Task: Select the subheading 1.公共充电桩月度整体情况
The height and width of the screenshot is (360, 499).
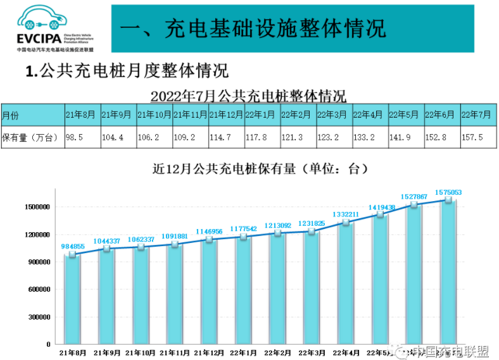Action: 127,70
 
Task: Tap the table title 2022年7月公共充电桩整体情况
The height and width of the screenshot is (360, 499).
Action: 248,96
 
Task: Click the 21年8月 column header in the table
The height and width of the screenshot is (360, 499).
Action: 80,115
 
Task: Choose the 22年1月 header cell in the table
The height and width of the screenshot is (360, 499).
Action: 260,115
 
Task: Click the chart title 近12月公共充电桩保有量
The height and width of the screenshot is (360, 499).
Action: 259,169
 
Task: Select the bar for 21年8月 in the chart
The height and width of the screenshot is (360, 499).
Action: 73,301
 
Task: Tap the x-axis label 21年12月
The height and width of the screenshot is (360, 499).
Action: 210,352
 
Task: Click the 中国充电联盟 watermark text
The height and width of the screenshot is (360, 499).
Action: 451,351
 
